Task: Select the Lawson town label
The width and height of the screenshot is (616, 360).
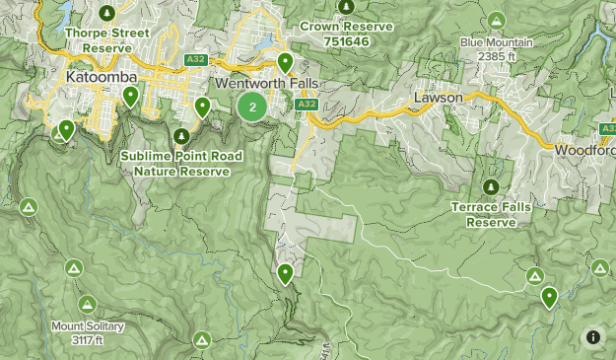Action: coord(438,99)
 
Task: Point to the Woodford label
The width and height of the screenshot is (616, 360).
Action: coord(585,150)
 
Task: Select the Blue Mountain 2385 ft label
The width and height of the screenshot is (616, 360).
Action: coord(496,49)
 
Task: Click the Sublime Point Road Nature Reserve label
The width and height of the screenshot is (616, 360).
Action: coord(181,163)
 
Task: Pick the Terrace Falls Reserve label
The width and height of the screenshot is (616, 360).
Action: coord(491,215)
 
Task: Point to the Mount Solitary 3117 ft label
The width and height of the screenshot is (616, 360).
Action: coord(88,333)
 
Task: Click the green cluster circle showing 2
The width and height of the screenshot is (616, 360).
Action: coord(253,108)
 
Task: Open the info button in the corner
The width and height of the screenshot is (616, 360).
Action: coord(593,337)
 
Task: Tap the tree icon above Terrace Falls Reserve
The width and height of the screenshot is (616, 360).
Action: coord(491,186)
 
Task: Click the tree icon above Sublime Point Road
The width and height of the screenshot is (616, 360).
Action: coord(181,135)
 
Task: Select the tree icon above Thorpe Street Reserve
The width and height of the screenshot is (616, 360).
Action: coord(108,12)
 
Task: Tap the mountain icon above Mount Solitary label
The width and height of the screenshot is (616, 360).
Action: coord(88,304)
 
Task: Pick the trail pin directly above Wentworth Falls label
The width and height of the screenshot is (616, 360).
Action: coord(285,63)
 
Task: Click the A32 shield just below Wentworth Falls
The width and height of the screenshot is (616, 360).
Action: coord(306,104)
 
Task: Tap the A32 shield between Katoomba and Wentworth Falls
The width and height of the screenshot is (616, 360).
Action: coord(194,60)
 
